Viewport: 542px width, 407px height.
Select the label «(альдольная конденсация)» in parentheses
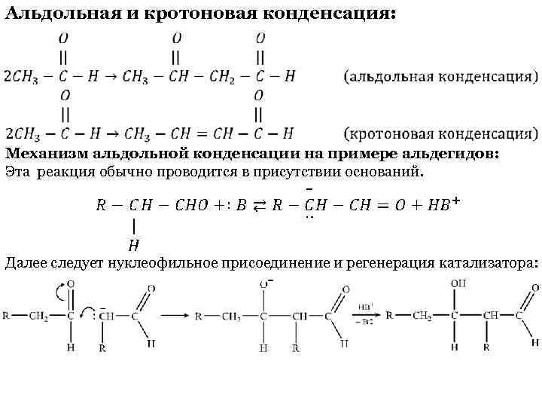click(440, 77)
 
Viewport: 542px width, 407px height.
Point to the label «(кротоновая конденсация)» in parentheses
click(440, 134)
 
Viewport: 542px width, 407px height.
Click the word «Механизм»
click(44, 154)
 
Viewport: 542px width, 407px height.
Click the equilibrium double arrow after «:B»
click(256, 206)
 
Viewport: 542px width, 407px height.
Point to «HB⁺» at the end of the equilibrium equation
click(445, 205)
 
